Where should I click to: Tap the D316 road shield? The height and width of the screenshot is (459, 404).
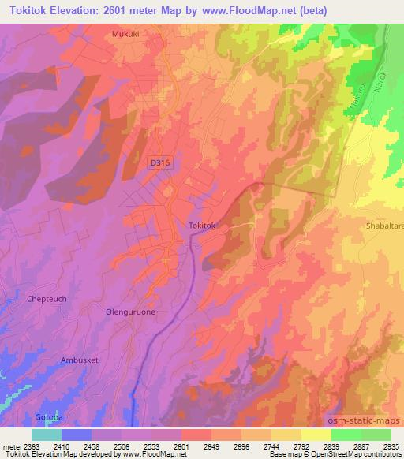(159, 162)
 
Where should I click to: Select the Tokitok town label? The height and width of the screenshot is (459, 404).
(203, 226)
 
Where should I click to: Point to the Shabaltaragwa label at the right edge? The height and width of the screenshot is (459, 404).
(383, 221)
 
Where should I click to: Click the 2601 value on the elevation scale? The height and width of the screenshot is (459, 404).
(181, 446)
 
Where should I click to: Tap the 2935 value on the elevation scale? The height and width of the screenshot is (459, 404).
(391, 446)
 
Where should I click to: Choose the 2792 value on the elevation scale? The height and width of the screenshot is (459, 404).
(301, 446)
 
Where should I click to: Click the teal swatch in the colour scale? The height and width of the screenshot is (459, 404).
(47, 435)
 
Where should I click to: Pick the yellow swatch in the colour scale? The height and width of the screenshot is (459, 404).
(316, 435)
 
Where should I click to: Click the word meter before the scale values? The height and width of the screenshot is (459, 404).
(9, 446)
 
